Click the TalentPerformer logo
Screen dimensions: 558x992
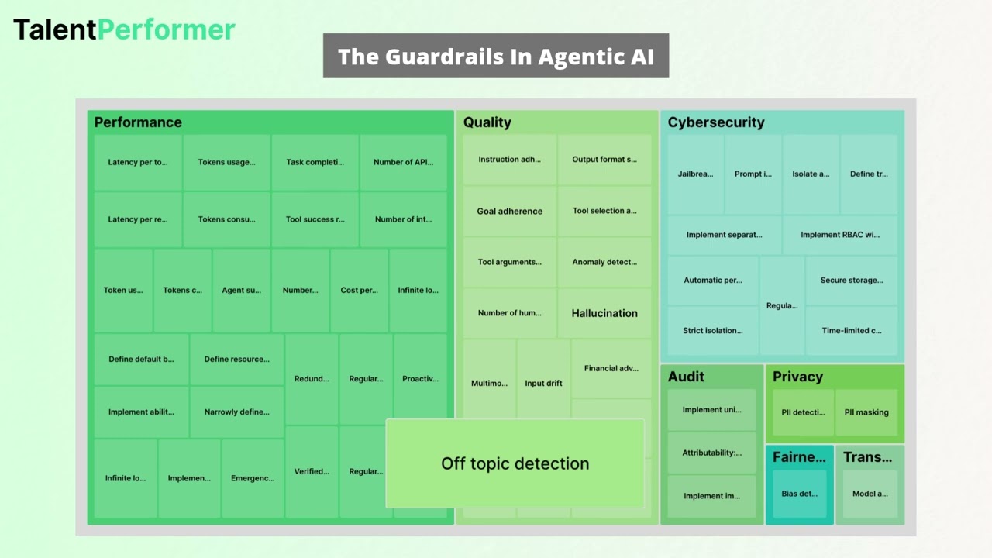click(x=124, y=29)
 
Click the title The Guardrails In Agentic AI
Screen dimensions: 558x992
click(x=496, y=57)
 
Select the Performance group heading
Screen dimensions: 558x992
click(x=138, y=122)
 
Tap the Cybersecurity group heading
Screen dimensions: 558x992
click(x=716, y=122)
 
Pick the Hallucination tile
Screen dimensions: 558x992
click(x=604, y=313)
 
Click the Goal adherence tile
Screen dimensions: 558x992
click(x=510, y=211)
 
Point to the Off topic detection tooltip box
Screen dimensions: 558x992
click(x=515, y=463)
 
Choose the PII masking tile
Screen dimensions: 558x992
click(x=866, y=412)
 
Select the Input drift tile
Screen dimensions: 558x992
click(x=543, y=383)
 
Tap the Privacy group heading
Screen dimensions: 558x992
click(x=797, y=377)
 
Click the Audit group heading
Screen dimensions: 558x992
click(x=686, y=377)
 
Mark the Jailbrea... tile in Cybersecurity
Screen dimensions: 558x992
click(x=695, y=174)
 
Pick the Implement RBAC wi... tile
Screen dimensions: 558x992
click(x=840, y=235)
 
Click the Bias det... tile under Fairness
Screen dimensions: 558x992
click(x=799, y=494)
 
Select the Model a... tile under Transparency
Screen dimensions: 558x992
click(x=870, y=494)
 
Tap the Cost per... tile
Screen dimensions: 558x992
click(x=359, y=291)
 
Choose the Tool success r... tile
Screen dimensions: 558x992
click(x=315, y=219)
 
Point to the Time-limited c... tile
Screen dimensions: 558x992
click(x=852, y=331)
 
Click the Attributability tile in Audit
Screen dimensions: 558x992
click(x=711, y=453)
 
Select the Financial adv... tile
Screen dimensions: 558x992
click(x=611, y=368)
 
